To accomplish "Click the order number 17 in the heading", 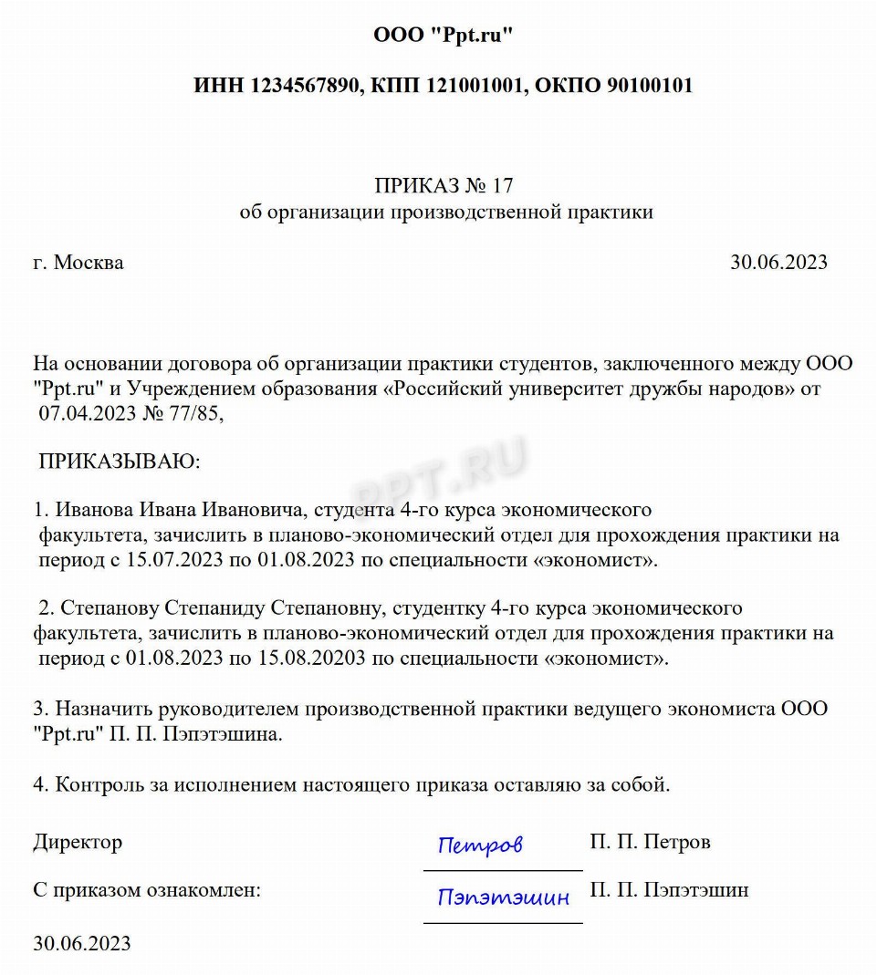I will [503, 186].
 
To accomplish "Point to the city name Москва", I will [89, 263].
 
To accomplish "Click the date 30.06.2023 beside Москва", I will [778, 263].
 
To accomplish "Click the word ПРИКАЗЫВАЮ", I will [119, 461].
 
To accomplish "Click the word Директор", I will [78, 842].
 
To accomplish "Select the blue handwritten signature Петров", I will [480, 845].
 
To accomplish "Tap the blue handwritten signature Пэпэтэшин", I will [503, 897].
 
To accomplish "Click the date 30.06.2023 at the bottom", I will [82, 942].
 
